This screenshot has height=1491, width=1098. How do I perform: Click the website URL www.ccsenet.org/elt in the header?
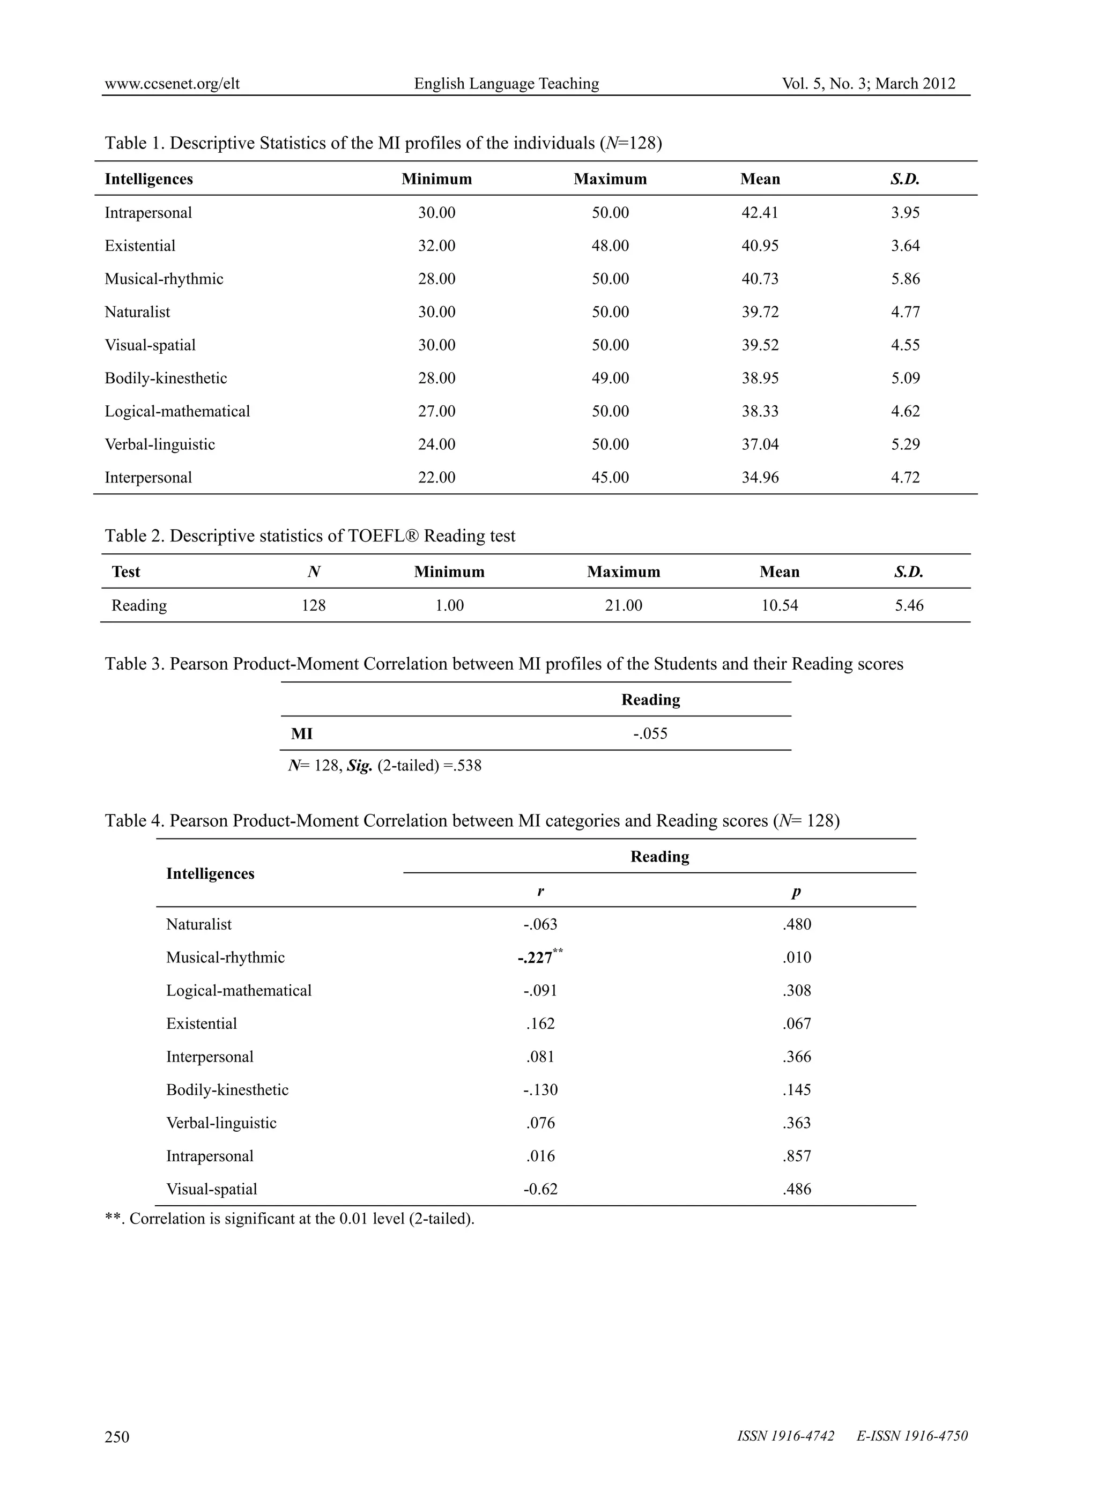point(172,84)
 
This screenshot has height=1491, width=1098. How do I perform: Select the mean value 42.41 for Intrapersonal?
point(760,213)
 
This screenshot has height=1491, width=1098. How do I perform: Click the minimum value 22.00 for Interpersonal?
point(436,477)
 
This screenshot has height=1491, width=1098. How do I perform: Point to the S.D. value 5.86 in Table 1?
point(905,279)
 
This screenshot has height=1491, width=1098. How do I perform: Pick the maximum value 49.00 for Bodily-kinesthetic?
point(610,378)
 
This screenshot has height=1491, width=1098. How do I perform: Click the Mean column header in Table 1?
point(760,180)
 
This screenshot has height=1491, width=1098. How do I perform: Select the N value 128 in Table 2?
point(314,606)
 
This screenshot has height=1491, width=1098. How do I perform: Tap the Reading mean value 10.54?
point(779,606)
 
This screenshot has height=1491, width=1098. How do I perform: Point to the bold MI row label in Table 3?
point(302,734)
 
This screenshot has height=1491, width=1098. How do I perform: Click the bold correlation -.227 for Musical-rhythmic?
point(536,958)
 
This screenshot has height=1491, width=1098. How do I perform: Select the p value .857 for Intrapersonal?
point(796,1156)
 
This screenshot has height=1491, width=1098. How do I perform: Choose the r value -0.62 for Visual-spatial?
point(540,1189)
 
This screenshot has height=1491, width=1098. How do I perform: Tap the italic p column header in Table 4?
point(796,892)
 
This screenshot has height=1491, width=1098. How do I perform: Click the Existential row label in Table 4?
point(202,1023)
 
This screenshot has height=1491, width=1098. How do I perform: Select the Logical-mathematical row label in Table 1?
point(177,411)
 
